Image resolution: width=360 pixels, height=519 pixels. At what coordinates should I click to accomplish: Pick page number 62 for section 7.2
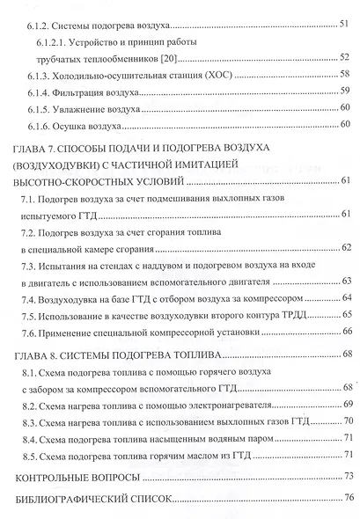tap(346, 249)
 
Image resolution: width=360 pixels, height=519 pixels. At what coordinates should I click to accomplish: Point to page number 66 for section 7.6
tap(346, 333)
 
